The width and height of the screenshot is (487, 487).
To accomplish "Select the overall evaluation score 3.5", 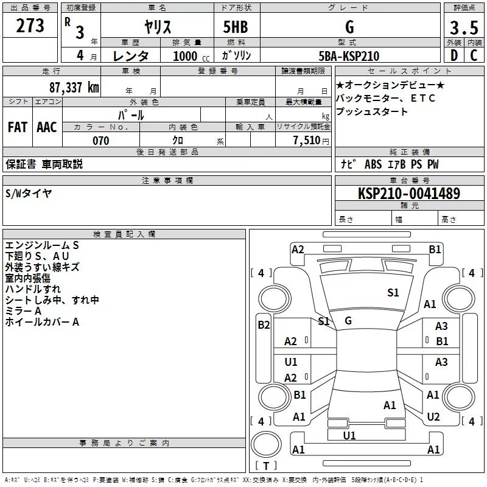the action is (463, 28).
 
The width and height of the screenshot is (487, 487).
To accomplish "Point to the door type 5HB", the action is (235, 27).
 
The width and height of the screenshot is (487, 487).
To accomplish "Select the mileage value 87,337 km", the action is (74, 87).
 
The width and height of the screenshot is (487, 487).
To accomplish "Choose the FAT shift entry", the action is (18, 127).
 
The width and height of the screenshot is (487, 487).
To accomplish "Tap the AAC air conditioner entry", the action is (46, 127).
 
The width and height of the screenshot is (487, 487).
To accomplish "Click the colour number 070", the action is (100, 141).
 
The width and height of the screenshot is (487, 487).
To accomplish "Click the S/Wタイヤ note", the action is (29, 193).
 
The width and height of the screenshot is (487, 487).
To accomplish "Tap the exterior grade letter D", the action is (454, 56).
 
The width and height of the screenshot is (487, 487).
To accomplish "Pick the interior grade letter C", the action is (474, 56).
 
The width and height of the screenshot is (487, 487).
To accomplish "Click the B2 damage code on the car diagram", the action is (263, 325).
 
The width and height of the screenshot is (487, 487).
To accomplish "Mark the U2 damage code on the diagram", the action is (433, 417).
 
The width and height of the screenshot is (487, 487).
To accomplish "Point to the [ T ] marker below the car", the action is (265, 466).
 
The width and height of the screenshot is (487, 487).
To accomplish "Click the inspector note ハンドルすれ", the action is (33, 289).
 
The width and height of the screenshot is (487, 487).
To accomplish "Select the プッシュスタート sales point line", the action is (372, 112).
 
